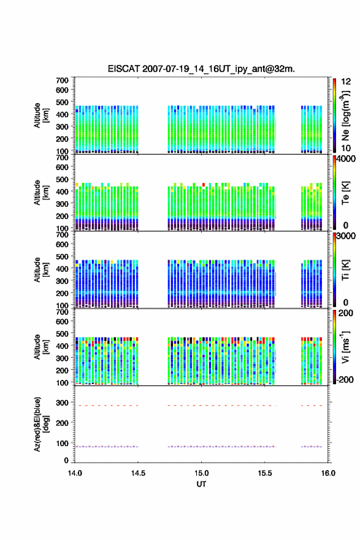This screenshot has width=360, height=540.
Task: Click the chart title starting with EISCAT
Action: [x=201, y=69]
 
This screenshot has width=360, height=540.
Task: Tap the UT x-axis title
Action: [x=201, y=484]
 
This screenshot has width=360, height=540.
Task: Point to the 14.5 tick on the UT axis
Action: [x=138, y=473]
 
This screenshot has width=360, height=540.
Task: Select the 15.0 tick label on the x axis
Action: [x=201, y=473]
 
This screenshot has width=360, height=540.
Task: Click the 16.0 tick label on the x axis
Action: [x=328, y=473]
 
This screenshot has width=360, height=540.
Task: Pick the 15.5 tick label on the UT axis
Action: [x=265, y=473]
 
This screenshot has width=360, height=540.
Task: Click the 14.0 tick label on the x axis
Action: [x=75, y=473]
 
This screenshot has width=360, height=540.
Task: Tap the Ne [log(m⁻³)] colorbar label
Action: [x=345, y=116]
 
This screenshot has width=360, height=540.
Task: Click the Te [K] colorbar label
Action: [x=345, y=193]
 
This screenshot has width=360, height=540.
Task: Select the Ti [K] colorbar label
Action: [x=345, y=270]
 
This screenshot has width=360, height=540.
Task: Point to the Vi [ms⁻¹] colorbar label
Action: [x=345, y=347]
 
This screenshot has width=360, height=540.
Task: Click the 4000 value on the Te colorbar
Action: [x=346, y=159]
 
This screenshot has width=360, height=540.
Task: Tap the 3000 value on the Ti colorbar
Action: [x=346, y=236]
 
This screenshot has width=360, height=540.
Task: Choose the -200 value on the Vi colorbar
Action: [x=345, y=379]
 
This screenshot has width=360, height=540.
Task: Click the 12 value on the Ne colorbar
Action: [x=346, y=82]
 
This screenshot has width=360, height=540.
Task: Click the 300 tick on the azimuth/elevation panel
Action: [x=62, y=403]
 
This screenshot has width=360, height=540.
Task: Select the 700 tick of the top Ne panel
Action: [x=62, y=80]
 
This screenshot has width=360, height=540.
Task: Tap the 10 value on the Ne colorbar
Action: [x=346, y=148]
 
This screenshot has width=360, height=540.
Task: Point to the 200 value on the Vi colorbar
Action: [x=346, y=313]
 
